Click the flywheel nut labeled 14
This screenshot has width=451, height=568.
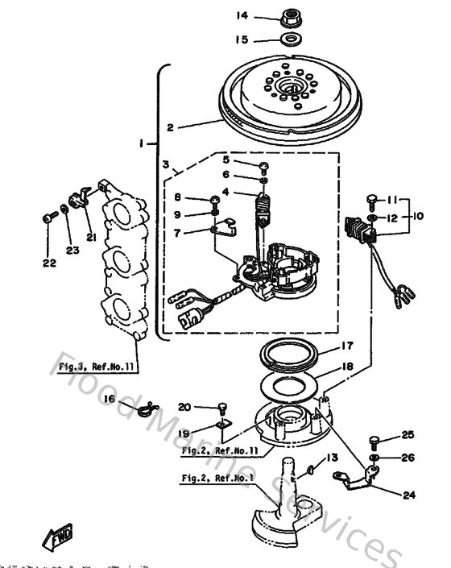[288, 15]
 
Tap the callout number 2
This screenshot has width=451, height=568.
[170, 126]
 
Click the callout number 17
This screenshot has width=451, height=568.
[346, 346]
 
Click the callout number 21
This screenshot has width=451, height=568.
[90, 236]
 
